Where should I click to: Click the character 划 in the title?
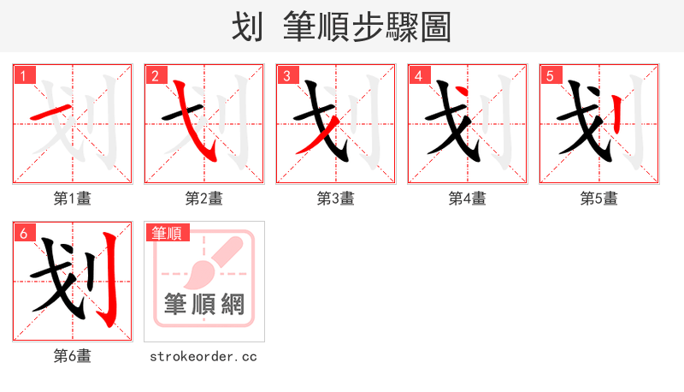coord(248,27)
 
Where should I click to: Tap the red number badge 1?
coord(22,75)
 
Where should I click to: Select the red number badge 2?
coord(154,75)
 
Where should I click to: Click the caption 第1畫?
coord(72,199)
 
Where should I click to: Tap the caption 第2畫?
coord(203,199)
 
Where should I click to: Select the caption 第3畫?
coord(335,199)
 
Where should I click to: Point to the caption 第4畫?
coord(467,199)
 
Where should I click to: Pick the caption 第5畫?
coord(598,199)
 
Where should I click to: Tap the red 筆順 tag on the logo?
coord(168,233)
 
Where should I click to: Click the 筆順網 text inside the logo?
coord(204,305)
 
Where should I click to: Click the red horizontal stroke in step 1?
coord(50,114)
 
